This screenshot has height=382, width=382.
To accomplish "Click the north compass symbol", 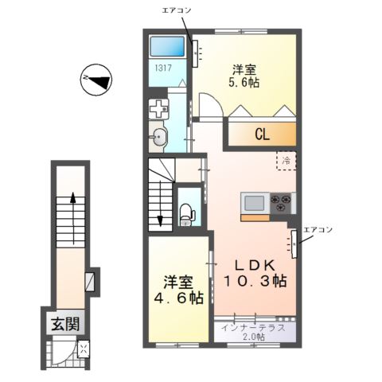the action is pos(96,80).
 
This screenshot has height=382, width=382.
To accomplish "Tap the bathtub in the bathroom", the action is pos(167,46).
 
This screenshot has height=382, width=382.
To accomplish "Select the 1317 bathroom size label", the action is pos(163,68).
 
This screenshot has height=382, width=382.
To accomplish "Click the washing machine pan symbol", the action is pos(158,109).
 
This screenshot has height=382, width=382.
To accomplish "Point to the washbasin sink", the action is pos(158,137).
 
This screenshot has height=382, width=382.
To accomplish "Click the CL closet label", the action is pos(262,134).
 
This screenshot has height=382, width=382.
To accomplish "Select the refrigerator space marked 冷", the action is pos(286,161).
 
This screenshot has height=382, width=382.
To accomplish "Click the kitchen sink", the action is pos(255,203).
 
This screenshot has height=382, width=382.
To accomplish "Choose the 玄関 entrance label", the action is pos(65,324).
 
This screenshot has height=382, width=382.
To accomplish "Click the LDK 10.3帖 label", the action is pos(255,273).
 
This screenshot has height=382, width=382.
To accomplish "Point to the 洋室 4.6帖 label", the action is pos(178,290).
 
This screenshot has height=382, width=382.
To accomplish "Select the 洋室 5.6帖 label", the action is pos(244,76).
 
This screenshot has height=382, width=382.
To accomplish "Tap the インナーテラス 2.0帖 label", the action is pos(253,332).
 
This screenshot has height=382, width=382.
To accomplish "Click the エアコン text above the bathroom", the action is pos(177,10).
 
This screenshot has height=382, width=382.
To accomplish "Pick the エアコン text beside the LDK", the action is pos(318,229).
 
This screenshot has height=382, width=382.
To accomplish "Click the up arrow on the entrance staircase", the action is pos(73,218).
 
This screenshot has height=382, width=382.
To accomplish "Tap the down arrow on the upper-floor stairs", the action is pos(160,204).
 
